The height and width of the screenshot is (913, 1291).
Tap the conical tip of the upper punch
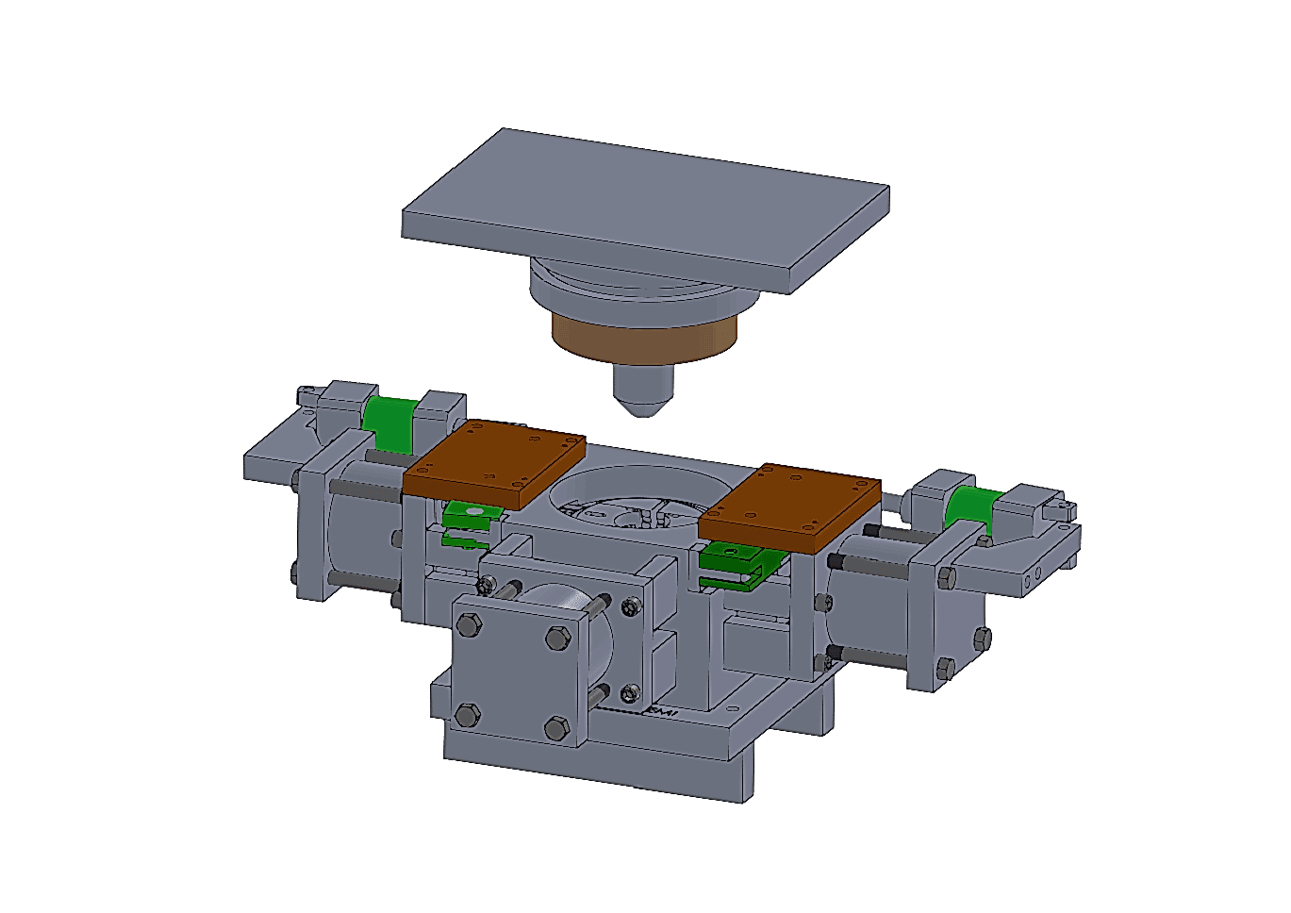point(642,401)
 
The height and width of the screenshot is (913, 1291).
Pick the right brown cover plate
point(790,505)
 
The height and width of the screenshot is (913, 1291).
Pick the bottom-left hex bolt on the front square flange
point(467,715)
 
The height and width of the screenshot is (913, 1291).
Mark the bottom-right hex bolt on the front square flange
point(557,729)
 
